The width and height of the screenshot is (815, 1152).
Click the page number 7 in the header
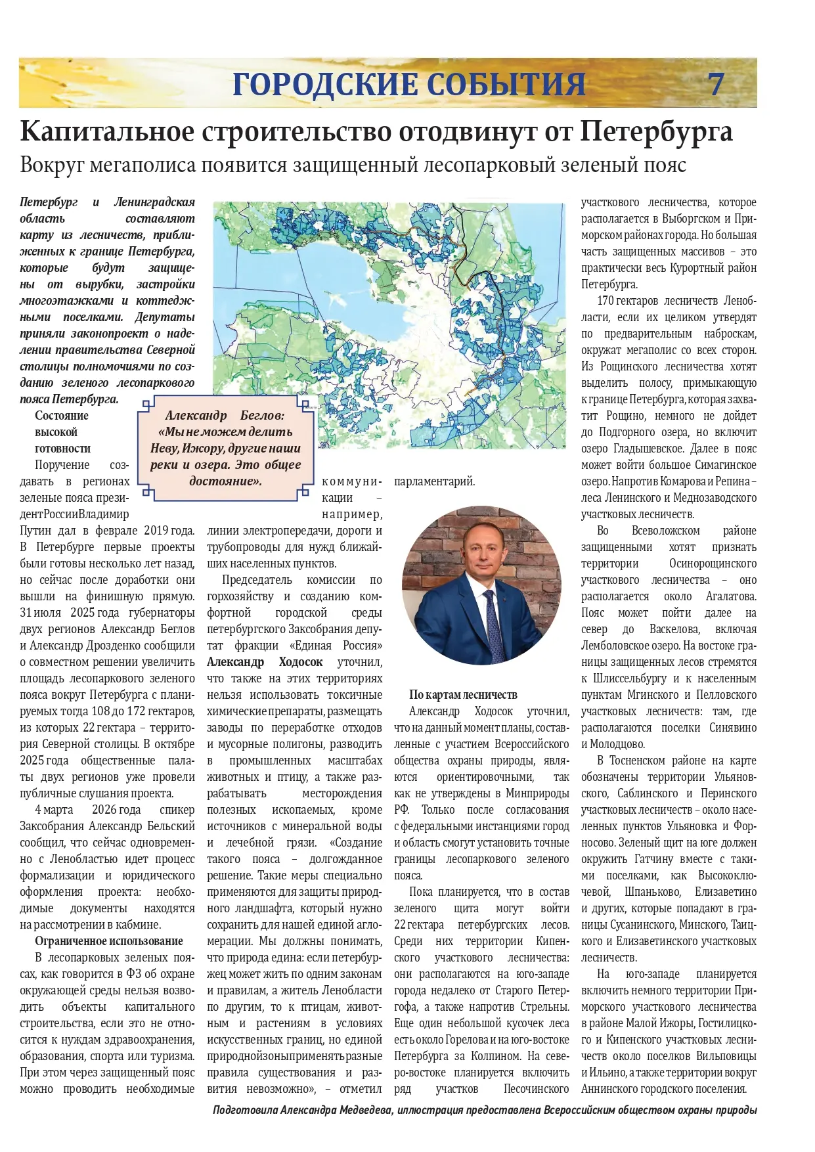point(715,84)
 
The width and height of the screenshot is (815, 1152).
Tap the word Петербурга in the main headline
point(655,131)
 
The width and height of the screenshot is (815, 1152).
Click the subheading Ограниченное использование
point(108,941)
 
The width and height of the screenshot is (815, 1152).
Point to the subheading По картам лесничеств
point(463,695)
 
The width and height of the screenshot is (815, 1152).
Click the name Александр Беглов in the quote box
point(225,415)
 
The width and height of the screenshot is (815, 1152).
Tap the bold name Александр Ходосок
point(265,662)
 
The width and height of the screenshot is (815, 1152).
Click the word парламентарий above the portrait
point(434,481)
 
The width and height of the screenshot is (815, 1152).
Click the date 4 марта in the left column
point(54,810)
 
